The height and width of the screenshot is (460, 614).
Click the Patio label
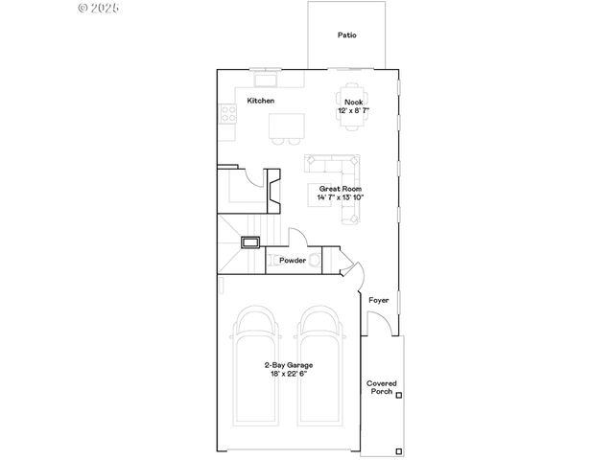pos(346,35)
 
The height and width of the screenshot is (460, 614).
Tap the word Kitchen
pos(261,101)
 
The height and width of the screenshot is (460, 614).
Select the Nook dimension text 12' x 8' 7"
pos(353,111)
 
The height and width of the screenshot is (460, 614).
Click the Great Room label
pos(341,189)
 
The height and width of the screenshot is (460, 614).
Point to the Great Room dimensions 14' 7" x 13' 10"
pos(341,197)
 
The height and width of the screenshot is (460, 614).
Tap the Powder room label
pos(293,261)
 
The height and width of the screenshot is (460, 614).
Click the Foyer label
pos(379,300)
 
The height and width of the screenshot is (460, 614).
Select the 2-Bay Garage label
pos(289,365)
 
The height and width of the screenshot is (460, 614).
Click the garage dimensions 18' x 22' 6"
pos(289,374)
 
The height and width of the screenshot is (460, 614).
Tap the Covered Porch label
pos(381,387)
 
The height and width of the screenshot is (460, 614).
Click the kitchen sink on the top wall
pos(264,72)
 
